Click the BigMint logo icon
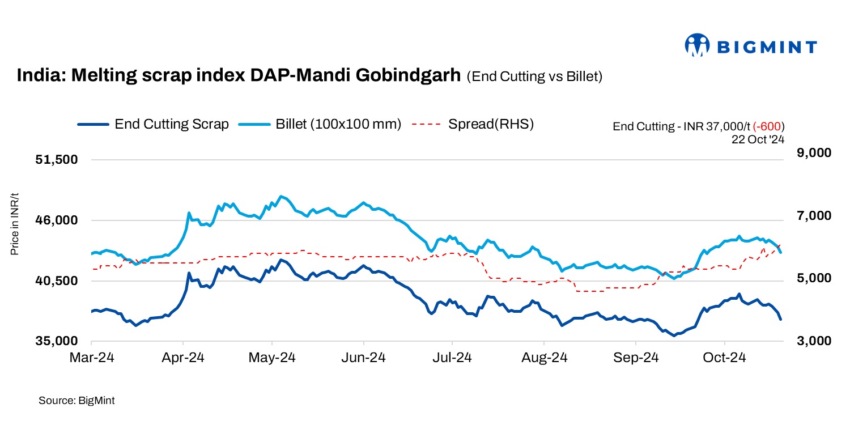pos(697,45)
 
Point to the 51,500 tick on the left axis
pos(56,160)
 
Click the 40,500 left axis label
pos(56,280)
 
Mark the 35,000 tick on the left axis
pos(56,341)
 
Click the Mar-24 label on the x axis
pos(91,358)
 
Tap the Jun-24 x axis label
pos(363,358)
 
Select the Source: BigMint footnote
pos(76,401)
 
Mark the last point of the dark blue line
pos(781,320)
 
